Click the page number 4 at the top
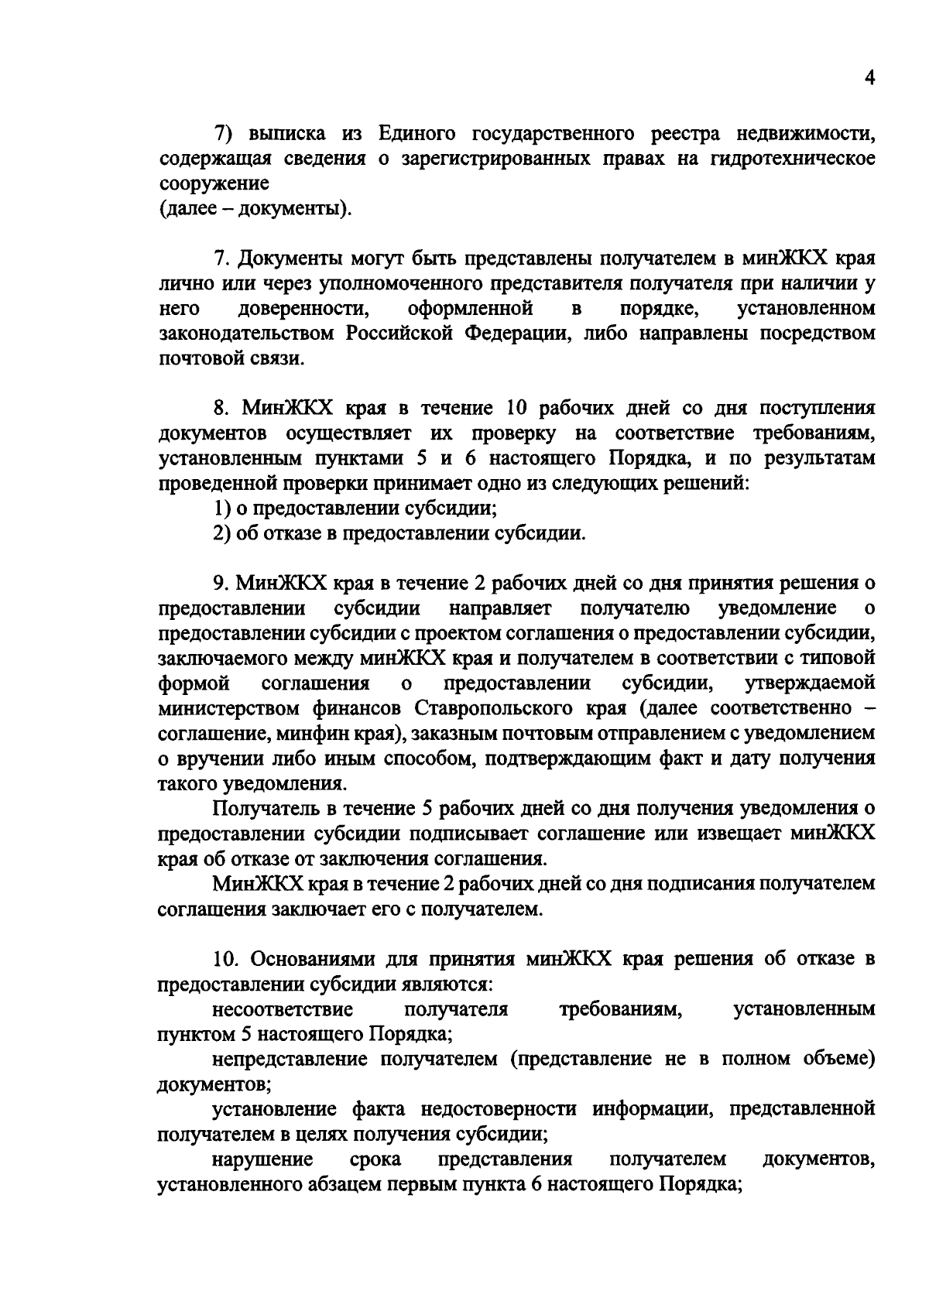869,79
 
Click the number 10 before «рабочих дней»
516,408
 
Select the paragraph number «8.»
224,408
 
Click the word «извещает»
742,834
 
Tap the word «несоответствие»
283,1009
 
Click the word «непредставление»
290,1059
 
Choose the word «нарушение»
262,1159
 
